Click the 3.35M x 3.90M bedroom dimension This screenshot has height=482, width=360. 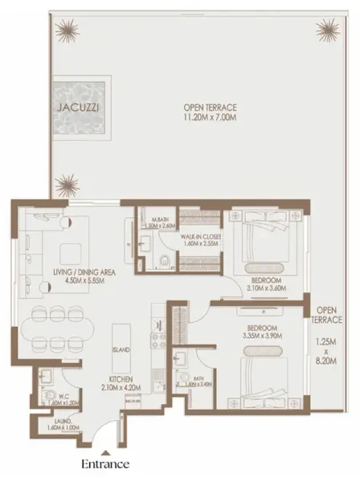pos(263,337)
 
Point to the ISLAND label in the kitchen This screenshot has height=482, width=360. pos(122,351)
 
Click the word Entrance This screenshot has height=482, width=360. pos(105,464)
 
